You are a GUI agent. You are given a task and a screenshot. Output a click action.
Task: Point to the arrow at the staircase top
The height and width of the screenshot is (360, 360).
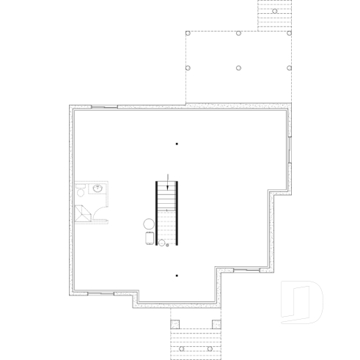pos(169,177)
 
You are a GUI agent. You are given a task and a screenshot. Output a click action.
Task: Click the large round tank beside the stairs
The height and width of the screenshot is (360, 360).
pos(147,224)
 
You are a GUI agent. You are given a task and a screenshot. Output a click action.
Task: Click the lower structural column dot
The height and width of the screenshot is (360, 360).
pos(177,276)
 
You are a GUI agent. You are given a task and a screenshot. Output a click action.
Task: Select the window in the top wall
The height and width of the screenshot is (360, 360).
pos(103,107)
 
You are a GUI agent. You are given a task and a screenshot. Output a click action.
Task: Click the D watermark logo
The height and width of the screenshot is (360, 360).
pos(302,301)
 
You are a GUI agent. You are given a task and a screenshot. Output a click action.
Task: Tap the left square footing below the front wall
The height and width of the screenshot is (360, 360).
pos(176,323)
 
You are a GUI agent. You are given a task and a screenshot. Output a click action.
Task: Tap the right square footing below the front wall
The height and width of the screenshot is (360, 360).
pos(216,323)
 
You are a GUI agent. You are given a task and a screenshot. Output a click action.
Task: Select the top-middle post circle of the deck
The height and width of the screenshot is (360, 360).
pos(239,33)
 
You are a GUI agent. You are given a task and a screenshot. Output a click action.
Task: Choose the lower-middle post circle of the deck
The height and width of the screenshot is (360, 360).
pos(239,67)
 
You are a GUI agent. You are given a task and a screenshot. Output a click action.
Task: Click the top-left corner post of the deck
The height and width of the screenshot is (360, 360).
pos(188,33)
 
